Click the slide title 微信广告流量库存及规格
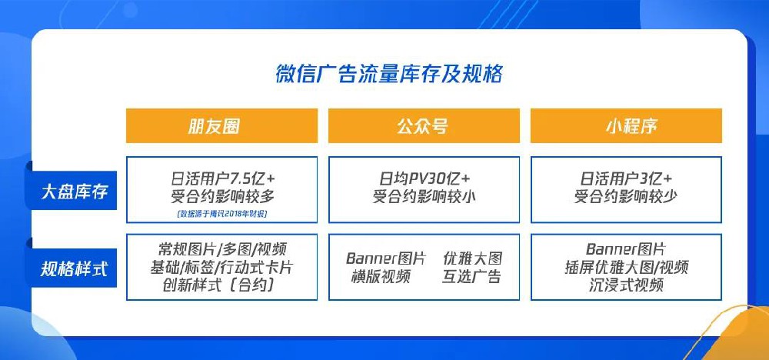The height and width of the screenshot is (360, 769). pyautogui.click(x=388, y=75)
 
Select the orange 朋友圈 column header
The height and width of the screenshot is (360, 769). pyautogui.click(x=221, y=126)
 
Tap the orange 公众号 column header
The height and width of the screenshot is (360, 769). pyautogui.click(x=423, y=126)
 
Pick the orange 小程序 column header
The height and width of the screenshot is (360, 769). pyautogui.click(x=625, y=126)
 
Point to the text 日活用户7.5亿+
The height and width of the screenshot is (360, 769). pyautogui.click(x=221, y=176)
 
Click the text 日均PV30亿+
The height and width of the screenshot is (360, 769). pyautogui.click(x=423, y=176)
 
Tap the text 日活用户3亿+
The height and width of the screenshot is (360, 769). pyautogui.click(x=625, y=176)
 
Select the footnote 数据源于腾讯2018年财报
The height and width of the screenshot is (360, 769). pyautogui.click(x=221, y=213)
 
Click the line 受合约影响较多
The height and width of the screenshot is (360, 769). pyautogui.click(x=221, y=196)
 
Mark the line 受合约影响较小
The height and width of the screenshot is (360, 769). pyautogui.click(x=423, y=196)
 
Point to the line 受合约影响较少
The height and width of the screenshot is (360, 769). pyautogui.click(x=625, y=196)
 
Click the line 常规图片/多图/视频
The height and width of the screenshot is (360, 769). pyautogui.click(x=221, y=249)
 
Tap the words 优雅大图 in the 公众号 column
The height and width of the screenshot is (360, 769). pyautogui.click(x=471, y=258)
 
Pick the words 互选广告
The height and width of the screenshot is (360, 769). pyautogui.click(x=471, y=277)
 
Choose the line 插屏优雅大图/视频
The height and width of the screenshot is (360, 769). pyautogui.click(x=625, y=268)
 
